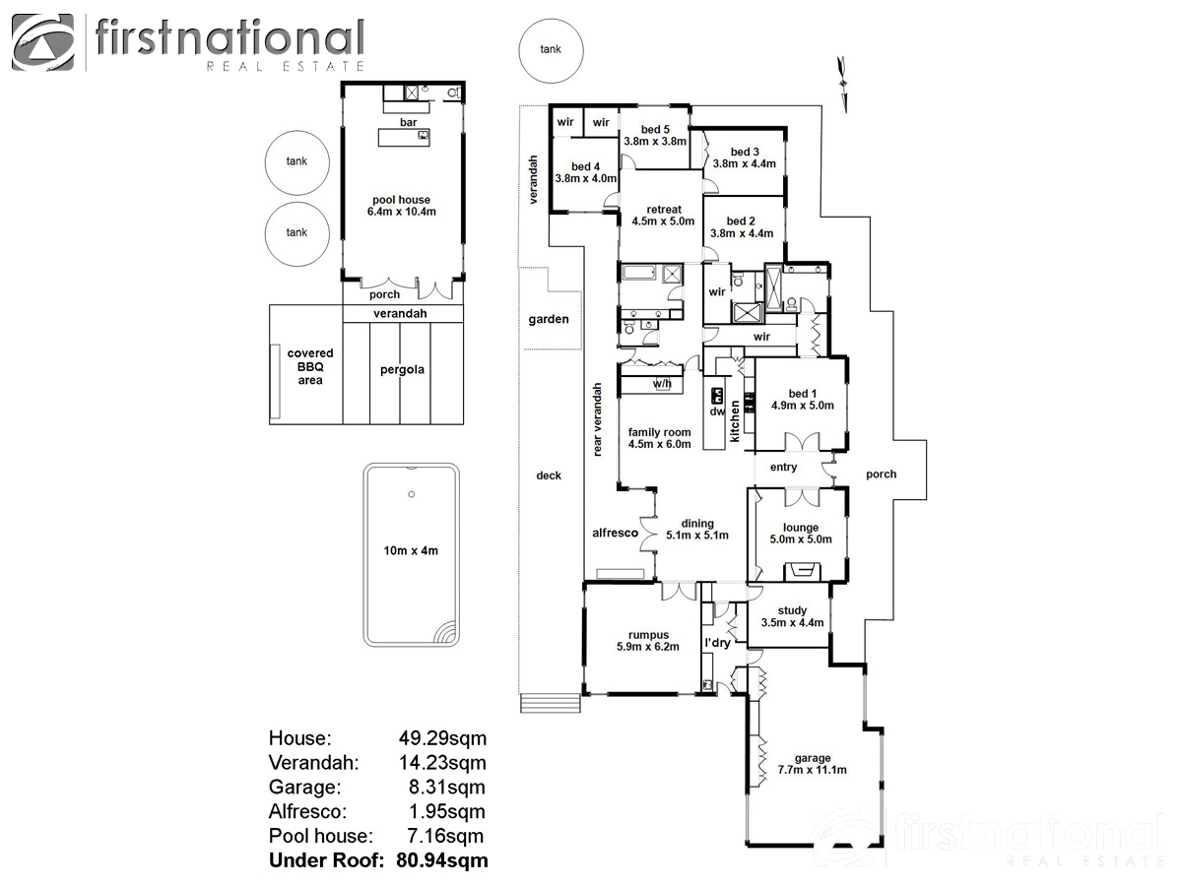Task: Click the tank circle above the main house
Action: click(x=551, y=49)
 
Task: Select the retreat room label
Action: click(x=664, y=210)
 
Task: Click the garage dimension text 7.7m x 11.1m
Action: click(x=813, y=770)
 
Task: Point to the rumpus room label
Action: click(x=648, y=635)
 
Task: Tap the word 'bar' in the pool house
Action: click(x=408, y=122)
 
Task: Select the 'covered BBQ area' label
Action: click(x=310, y=366)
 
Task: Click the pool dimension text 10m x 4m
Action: click(x=411, y=550)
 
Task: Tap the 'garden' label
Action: click(x=549, y=319)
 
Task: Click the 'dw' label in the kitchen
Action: click(x=717, y=411)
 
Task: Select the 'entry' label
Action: click(x=784, y=468)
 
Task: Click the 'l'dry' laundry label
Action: click(x=717, y=643)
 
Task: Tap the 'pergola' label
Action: click(x=402, y=370)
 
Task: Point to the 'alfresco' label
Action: click(x=615, y=533)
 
